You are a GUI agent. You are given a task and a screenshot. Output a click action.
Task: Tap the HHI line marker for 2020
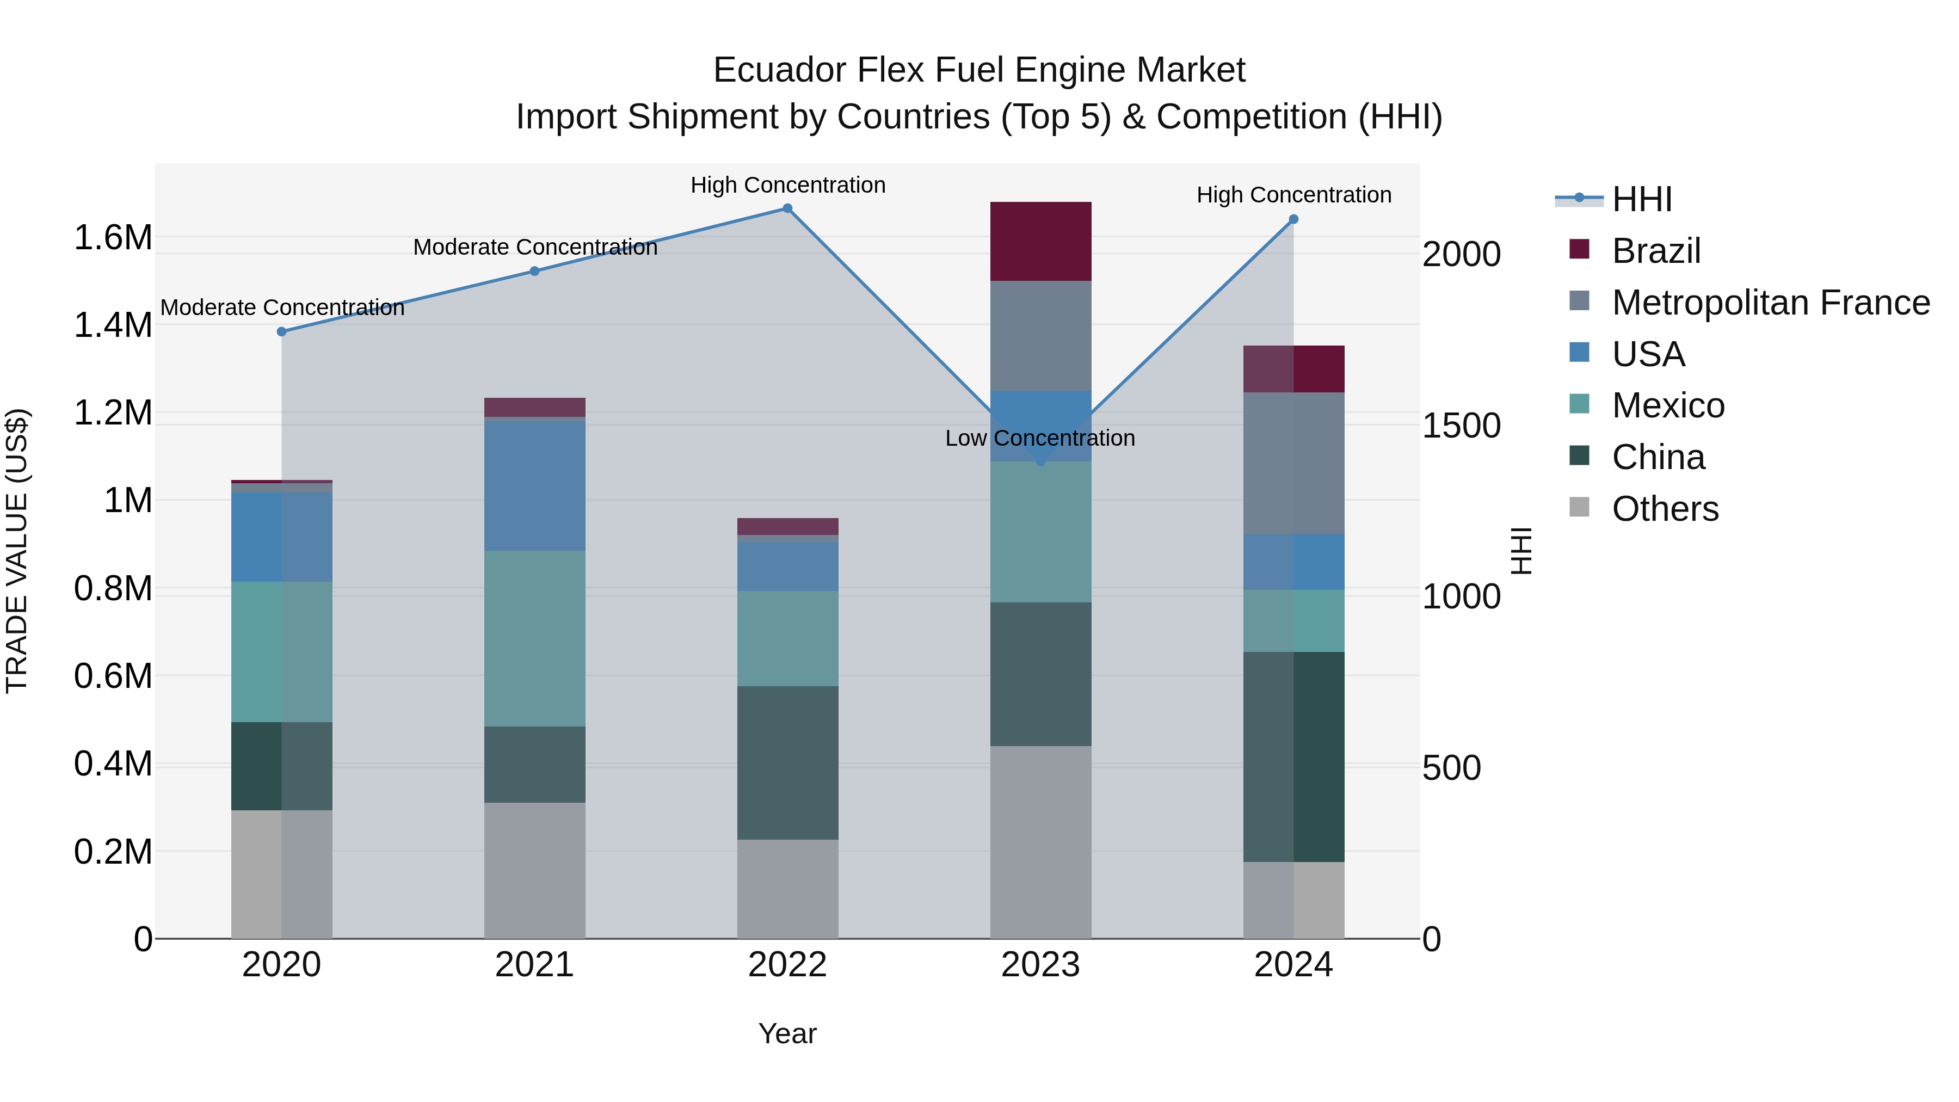[x=281, y=331]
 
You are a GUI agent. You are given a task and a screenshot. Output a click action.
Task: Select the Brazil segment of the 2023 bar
[x=1040, y=241]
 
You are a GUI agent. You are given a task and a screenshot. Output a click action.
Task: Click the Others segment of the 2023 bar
[x=1040, y=842]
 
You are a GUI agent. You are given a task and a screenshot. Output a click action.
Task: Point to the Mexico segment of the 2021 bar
[x=534, y=638]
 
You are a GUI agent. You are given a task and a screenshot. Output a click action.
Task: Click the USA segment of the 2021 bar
[x=534, y=485]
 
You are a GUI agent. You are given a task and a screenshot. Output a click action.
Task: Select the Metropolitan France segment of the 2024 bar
[x=1293, y=463]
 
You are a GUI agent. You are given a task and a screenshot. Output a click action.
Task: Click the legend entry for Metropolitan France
[x=1770, y=303]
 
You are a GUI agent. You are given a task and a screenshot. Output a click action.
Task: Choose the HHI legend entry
[x=1641, y=199]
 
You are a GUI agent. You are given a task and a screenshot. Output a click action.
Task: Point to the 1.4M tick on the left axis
[x=113, y=325]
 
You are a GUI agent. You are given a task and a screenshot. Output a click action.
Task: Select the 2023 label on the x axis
[x=1040, y=965]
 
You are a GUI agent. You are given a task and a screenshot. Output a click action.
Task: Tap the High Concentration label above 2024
[x=1293, y=195]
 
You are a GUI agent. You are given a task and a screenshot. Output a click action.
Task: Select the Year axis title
[x=787, y=1033]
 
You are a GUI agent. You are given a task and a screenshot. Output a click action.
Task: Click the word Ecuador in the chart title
[x=779, y=70]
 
